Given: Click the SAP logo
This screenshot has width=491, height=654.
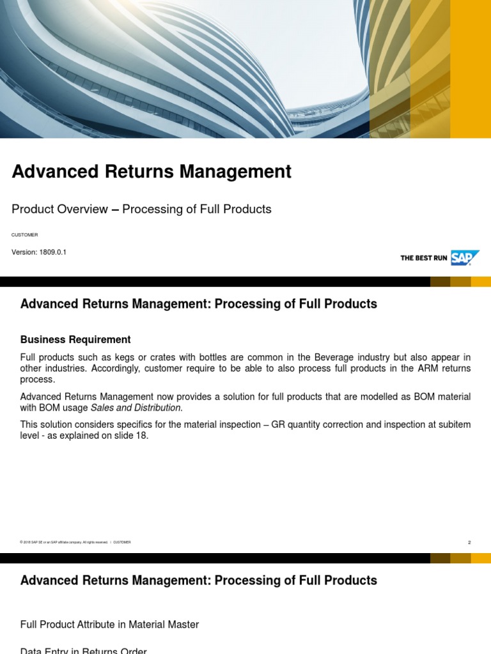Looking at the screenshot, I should click(x=465, y=257).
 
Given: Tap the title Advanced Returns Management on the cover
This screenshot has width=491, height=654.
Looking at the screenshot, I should click(x=152, y=171).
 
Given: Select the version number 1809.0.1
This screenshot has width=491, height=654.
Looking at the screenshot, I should click(x=52, y=252).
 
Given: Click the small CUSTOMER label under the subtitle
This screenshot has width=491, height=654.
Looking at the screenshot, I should click(x=24, y=235).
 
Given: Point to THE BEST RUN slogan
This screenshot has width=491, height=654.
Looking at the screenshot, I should click(x=423, y=258).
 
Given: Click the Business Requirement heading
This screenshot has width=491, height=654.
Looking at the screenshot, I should click(x=75, y=340).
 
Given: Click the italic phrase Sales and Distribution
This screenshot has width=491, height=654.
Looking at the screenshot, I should click(x=136, y=407).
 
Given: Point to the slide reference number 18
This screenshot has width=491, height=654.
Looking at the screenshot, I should click(x=142, y=436).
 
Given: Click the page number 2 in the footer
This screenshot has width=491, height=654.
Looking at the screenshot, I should click(x=469, y=542).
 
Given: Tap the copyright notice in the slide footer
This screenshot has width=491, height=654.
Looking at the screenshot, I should click(x=64, y=542).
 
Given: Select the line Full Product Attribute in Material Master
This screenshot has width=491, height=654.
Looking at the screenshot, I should click(x=109, y=625).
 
